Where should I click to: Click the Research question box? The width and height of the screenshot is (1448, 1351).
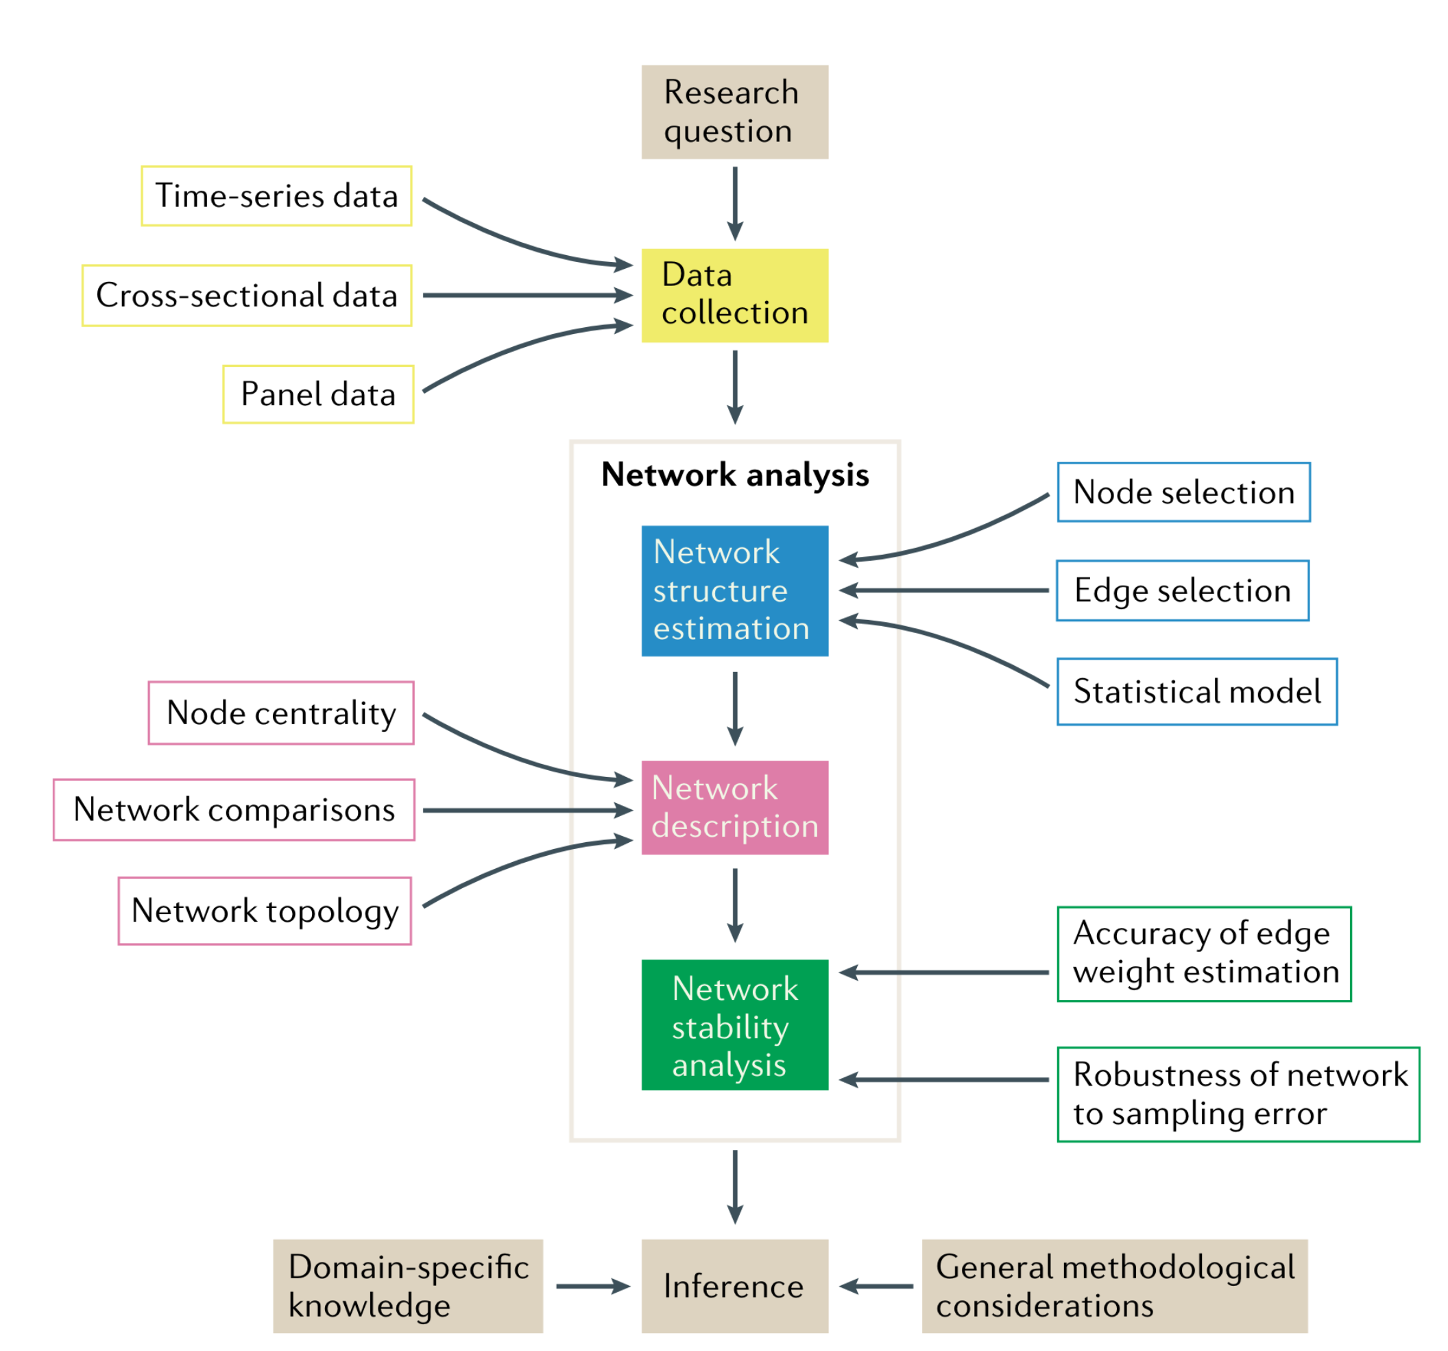tap(734, 112)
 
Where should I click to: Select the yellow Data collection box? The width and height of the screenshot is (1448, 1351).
tap(734, 295)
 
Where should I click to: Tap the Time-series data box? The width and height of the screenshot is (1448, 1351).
tap(277, 196)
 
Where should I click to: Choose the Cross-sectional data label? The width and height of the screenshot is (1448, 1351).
tap(247, 295)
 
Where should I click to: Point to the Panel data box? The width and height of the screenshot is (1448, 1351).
tap(318, 394)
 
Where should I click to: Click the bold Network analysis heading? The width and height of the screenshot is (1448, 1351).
tap(735, 475)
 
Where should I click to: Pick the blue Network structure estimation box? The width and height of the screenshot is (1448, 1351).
tap(734, 591)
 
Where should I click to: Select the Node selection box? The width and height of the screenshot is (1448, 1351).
tap(1183, 492)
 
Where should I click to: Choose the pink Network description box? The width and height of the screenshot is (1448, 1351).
tap(734, 807)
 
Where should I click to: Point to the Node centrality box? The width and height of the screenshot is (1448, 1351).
tap(281, 713)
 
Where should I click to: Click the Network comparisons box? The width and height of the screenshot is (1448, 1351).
tap(234, 810)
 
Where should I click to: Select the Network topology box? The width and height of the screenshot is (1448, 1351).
tap(265, 911)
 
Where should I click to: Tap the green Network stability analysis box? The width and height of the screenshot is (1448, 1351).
tap(734, 1025)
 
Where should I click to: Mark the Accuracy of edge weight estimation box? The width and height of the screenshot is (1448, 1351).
tap(1204, 954)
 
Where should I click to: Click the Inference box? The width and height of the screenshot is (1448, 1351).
tap(734, 1286)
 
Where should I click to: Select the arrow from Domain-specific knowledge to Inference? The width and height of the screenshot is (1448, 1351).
tap(592, 1286)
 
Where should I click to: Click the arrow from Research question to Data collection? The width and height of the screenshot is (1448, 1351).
tap(735, 203)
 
